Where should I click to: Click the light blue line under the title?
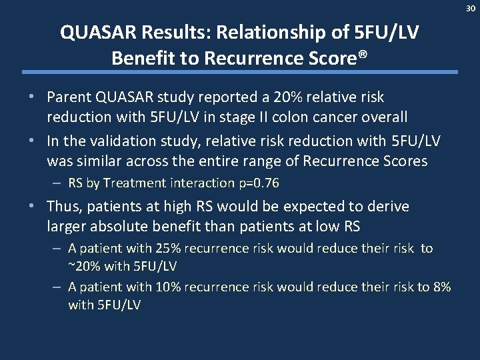pyautogui.click(x=240, y=72)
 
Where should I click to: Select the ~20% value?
pyautogui.click(x=84, y=266)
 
